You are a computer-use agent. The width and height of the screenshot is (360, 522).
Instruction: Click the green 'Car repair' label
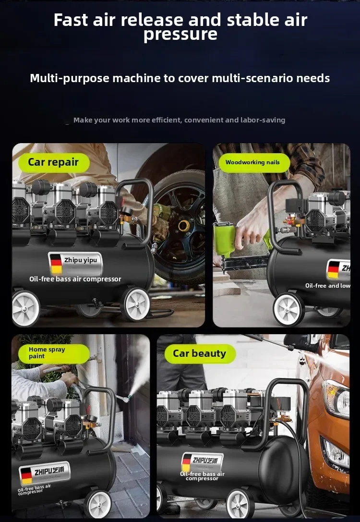click(54, 162)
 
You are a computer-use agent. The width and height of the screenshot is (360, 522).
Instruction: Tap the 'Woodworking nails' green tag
click(254, 162)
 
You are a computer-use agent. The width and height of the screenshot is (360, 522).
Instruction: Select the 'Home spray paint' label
click(54, 353)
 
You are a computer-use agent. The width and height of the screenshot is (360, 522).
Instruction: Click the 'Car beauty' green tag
click(200, 353)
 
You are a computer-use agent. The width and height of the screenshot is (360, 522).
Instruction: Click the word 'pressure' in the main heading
click(180, 34)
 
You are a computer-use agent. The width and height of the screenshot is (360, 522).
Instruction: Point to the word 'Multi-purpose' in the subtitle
click(70, 78)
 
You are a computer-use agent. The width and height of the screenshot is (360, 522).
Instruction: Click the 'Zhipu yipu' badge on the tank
click(75, 263)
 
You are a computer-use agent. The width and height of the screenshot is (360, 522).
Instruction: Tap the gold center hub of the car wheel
click(184, 226)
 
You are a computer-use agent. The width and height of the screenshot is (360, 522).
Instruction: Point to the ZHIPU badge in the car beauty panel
click(202, 462)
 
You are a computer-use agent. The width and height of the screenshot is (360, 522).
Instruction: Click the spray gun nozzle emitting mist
click(127, 398)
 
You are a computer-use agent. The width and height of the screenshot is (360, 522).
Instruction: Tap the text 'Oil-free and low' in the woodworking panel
click(328, 286)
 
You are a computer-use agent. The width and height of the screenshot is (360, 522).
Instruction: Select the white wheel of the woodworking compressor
click(288, 309)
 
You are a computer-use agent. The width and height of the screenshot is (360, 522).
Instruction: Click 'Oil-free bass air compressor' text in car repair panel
click(75, 279)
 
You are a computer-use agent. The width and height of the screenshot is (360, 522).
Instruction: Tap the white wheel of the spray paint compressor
click(98, 504)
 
